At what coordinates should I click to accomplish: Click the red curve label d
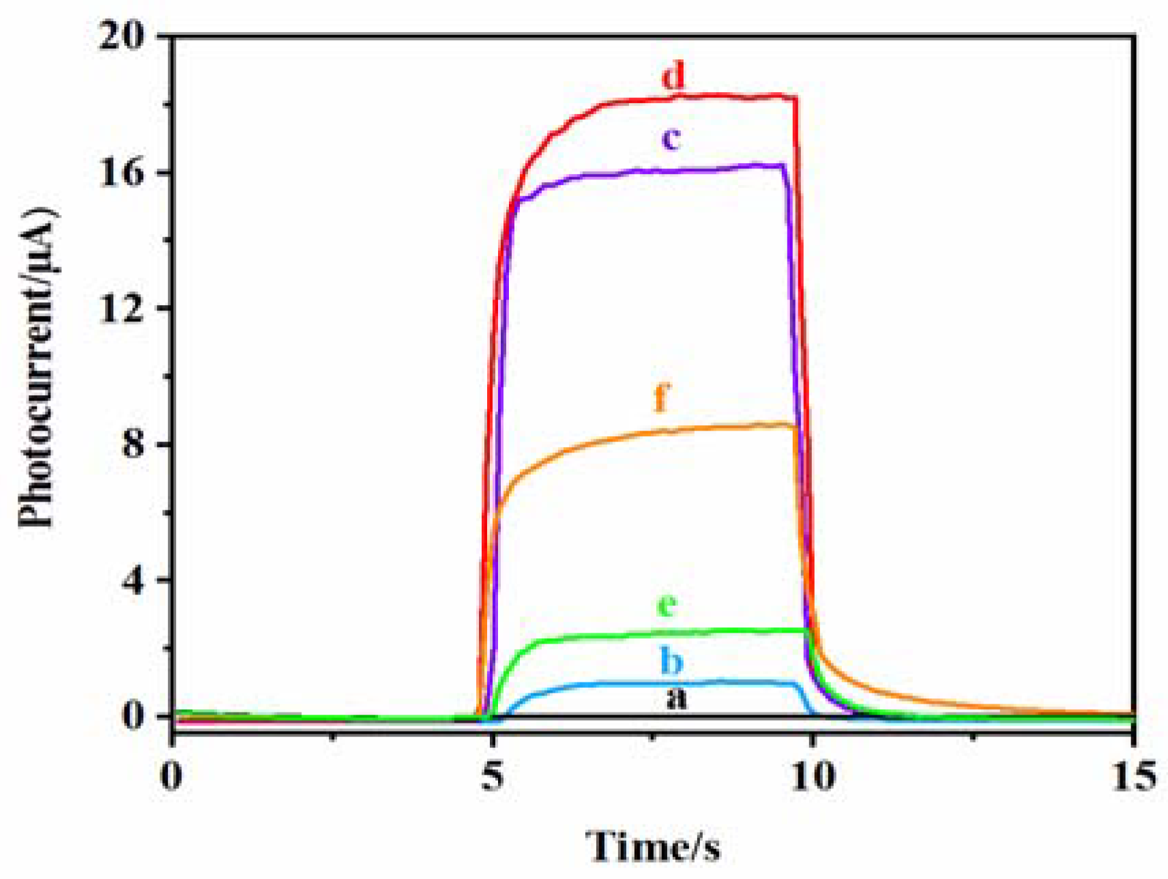[673, 76]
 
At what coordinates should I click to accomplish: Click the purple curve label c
[671, 139]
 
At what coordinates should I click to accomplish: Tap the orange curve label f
[661, 397]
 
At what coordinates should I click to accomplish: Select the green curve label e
[667, 605]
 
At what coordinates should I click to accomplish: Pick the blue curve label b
[671, 661]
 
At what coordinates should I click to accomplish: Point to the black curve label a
[676, 698]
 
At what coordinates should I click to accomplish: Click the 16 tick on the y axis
[123, 172]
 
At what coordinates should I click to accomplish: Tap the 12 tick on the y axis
[123, 308]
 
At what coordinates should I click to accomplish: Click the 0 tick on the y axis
[134, 716]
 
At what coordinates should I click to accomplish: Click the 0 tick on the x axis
[172, 777]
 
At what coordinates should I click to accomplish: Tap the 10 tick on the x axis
[813, 777]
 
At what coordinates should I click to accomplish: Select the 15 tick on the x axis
[1133, 777]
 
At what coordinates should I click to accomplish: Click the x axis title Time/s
[653, 846]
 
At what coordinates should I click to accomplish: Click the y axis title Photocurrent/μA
[38, 369]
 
